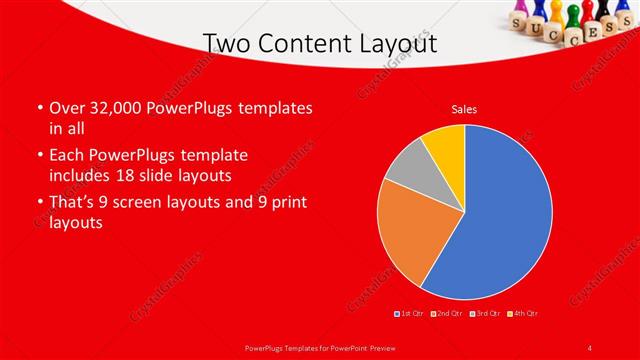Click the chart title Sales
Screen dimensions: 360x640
tap(464, 109)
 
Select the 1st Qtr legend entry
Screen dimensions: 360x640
tap(410, 314)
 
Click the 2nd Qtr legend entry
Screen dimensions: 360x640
tap(446, 314)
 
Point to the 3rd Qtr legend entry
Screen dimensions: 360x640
tap(484, 314)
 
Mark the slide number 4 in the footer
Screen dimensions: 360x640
tap(590, 347)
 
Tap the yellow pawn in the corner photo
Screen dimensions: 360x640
tap(556, 12)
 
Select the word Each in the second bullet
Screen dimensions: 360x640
tap(69, 156)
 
